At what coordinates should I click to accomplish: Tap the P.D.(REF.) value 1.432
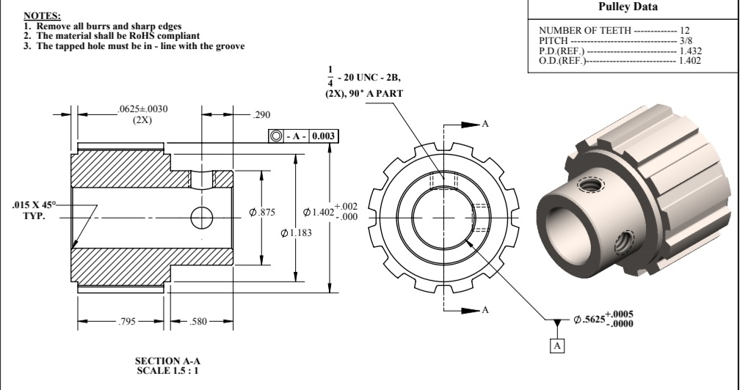pyautogui.click(x=690, y=51)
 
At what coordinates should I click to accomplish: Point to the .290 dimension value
pyautogui.click(x=261, y=115)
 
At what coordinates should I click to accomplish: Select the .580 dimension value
pyautogui.click(x=197, y=323)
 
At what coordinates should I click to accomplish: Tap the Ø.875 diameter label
pyautogui.click(x=262, y=213)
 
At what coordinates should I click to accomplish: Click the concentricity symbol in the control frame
pyautogui.click(x=275, y=136)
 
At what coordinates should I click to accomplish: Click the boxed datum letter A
pyautogui.click(x=557, y=345)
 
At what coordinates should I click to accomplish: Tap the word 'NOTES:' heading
pyautogui.click(x=42, y=15)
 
